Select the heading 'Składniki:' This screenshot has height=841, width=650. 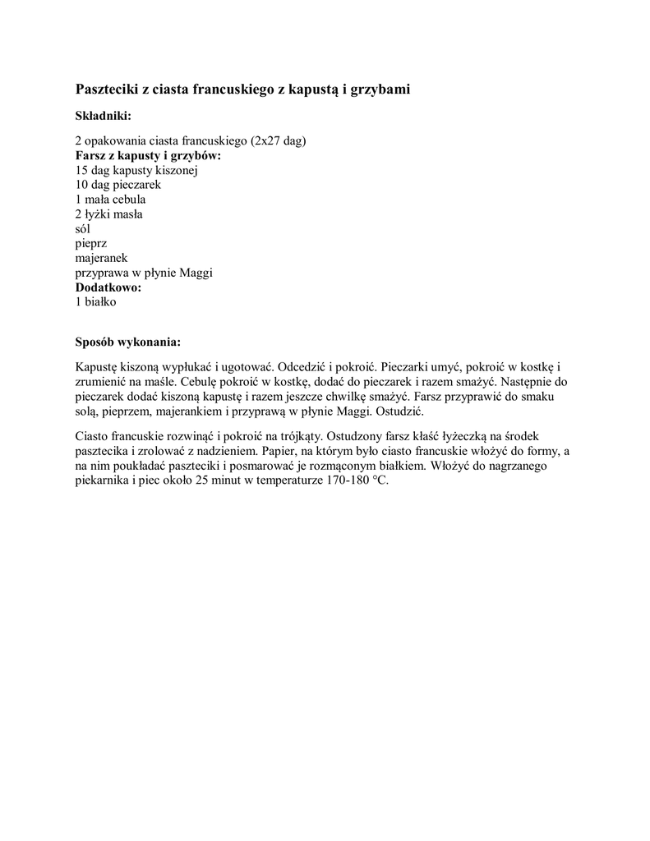(x=103, y=116)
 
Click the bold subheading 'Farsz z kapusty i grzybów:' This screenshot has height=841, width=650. (x=149, y=155)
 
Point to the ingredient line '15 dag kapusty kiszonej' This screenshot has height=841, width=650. (x=136, y=170)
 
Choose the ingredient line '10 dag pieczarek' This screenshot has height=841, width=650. (x=118, y=185)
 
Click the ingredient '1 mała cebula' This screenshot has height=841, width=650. (x=110, y=200)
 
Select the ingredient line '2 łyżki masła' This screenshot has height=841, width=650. (x=108, y=214)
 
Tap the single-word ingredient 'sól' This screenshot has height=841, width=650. (x=83, y=229)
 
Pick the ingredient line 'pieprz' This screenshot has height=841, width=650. (x=91, y=244)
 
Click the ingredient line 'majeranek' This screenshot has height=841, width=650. (x=101, y=259)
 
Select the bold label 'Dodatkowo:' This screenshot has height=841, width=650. (x=108, y=287)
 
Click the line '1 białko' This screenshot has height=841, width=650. (x=96, y=302)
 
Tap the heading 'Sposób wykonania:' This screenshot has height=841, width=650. (x=127, y=341)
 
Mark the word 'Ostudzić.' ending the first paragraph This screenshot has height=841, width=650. (x=399, y=411)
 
